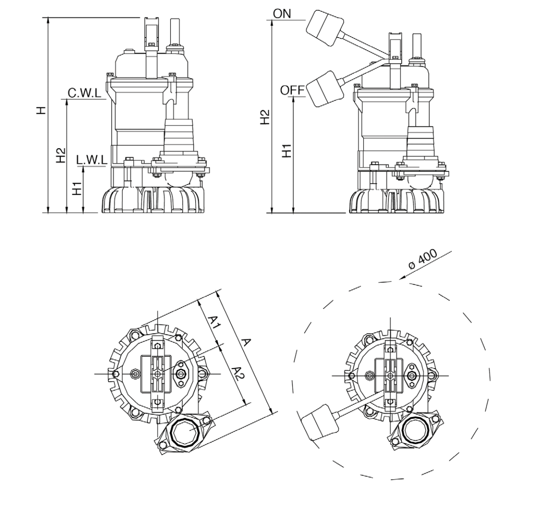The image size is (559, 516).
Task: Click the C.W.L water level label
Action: click(84, 93)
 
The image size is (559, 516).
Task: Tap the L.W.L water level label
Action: click(91, 160)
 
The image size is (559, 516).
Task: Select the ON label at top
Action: click(281, 14)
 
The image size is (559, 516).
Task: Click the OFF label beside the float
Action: click(292, 90)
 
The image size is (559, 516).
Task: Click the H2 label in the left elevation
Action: click(61, 155)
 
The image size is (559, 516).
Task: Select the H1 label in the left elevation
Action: click(77, 188)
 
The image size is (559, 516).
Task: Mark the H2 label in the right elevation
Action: click(265, 117)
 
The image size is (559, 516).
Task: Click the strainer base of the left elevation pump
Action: click(153, 200)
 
